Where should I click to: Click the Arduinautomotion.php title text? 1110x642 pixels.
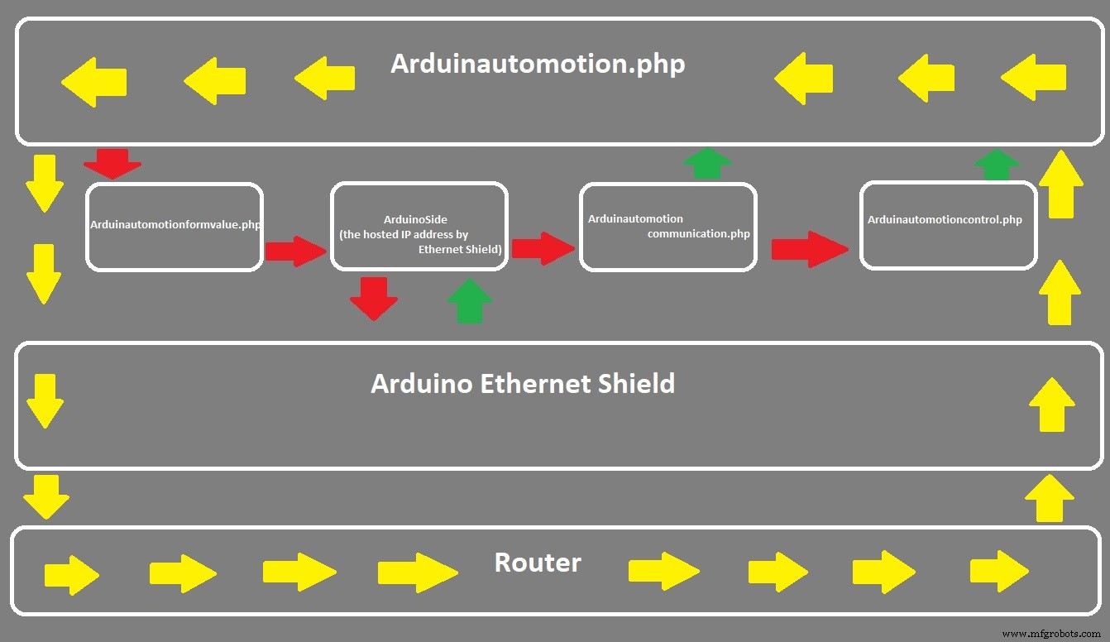pyautogui.click(x=538, y=65)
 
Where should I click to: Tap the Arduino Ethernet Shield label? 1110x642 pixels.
pyautogui.click(x=523, y=384)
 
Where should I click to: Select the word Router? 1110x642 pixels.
pyautogui.click(x=538, y=563)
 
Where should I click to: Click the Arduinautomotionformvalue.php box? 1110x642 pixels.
pyautogui.click(x=174, y=226)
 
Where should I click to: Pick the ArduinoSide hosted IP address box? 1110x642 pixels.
pyautogui.click(x=419, y=226)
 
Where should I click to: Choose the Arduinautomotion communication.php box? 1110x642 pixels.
pyautogui.click(x=667, y=226)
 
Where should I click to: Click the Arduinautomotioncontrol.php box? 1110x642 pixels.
pyautogui.click(x=948, y=226)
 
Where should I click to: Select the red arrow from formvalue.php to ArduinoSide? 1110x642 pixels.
pyautogui.click(x=295, y=251)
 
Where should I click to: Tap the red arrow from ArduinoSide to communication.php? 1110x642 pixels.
pyautogui.click(x=542, y=248)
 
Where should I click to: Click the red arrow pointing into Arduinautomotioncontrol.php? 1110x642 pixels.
pyautogui.click(x=809, y=249)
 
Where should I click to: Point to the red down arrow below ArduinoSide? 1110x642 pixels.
pyautogui.click(x=374, y=299)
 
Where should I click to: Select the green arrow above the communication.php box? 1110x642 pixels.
pyautogui.click(x=708, y=163)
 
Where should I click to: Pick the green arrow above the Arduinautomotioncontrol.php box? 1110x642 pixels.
pyautogui.click(x=997, y=165)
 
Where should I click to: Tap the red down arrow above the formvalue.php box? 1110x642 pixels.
pyautogui.click(x=112, y=163)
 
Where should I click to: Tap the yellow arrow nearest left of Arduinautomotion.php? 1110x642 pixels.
pyautogui.click(x=325, y=79)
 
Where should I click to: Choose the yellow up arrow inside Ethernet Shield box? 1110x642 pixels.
pyautogui.click(x=1051, y=405)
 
